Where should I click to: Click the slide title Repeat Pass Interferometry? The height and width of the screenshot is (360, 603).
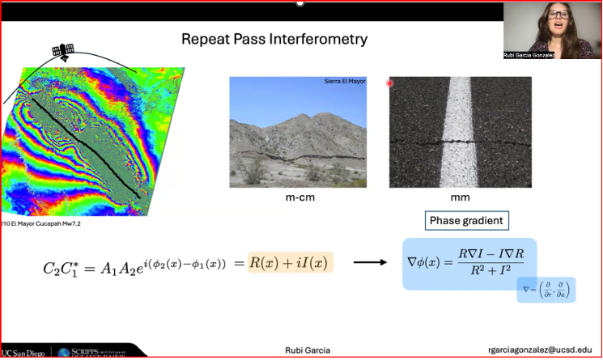coord(274,39)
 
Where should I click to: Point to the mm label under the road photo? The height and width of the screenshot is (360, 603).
coord(460,197)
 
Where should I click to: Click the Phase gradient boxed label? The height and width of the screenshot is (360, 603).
coord(465,221)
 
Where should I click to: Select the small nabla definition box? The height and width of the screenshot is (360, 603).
coord(546,290)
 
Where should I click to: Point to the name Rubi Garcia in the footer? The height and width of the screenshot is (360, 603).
coord(308,349)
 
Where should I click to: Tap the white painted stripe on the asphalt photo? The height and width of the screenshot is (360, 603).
coord(460,129)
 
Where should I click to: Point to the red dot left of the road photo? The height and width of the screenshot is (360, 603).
coord(389,83)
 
